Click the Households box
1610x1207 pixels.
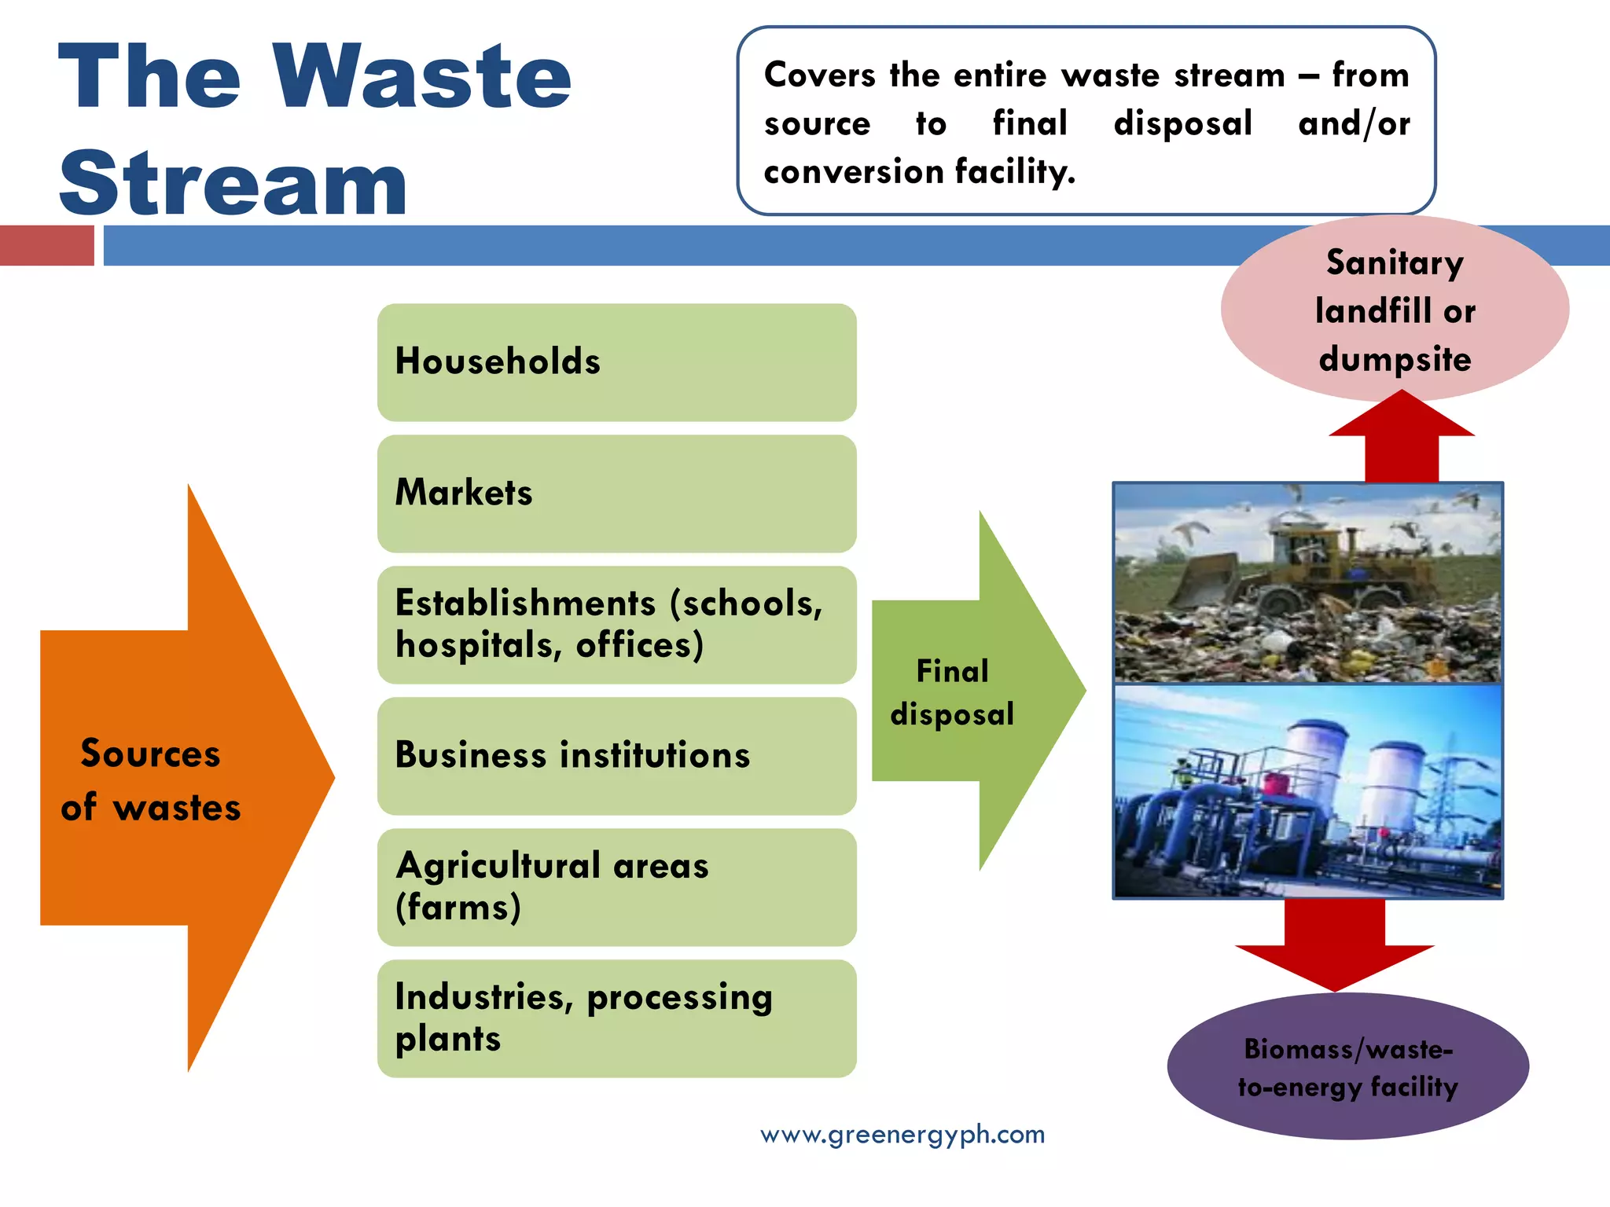616,362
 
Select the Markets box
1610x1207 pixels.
616,493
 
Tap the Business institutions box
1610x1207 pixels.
616,755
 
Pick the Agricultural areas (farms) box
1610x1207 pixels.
616,886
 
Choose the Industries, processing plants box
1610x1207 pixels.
616,1018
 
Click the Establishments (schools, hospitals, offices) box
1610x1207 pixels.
616,625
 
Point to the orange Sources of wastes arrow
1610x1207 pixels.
181,778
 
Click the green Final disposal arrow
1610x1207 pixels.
975,692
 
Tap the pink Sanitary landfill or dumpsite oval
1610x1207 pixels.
1395,310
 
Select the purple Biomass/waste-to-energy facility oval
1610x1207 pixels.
1347,1067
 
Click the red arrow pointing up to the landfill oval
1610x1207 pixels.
1402,440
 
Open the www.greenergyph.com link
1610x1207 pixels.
902,1135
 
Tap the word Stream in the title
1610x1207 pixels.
233,183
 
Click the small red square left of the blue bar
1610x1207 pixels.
47,245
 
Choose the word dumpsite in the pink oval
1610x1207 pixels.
1395,359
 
